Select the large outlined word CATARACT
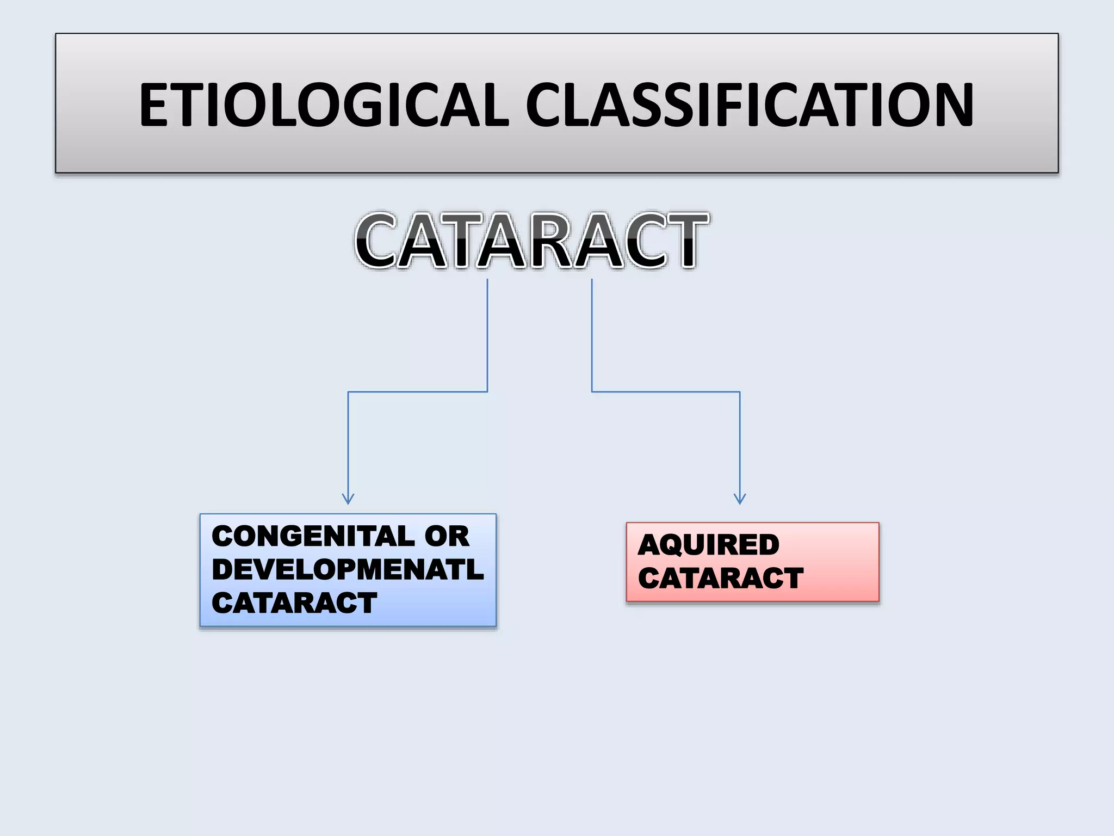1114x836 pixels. coord(531,241)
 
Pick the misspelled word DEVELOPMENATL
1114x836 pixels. coord(347,570)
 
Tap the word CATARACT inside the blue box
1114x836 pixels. coord(294,603)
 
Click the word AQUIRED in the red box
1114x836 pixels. coord(708,545)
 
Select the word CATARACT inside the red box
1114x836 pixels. coord(720,578)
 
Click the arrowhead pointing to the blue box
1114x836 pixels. coord(348,499)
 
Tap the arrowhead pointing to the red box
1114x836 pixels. coord(740,499)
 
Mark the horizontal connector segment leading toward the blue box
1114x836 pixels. coord(418,392)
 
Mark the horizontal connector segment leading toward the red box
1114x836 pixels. coord(666,392)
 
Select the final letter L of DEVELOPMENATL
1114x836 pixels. coord(475,570)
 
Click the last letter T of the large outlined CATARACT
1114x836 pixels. coord(684,241)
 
